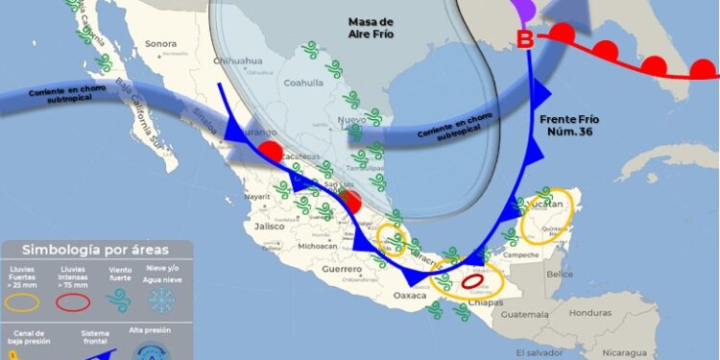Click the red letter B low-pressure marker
[x=525, y=40]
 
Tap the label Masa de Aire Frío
[x=372, y=28]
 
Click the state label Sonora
[x=161, y=43]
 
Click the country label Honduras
[x=589, y=313]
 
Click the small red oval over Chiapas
[x=474, y=283]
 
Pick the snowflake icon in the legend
[x=163, y=300]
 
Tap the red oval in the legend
[x=72, y=301]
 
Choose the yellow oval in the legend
[x=25, y=301]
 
